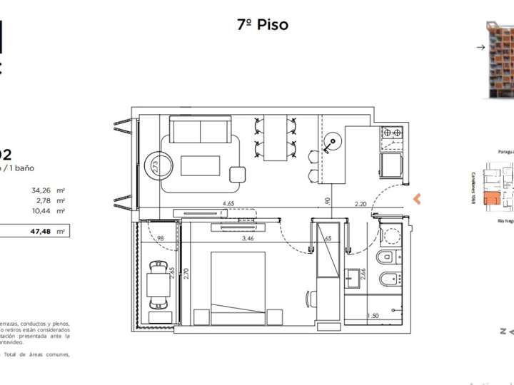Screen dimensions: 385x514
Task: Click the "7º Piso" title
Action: click(263, 25)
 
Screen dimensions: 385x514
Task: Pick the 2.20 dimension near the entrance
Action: click(360, 205)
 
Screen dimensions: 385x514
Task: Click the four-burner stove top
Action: click(391, 133)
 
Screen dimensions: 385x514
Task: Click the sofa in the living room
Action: click(199, 131)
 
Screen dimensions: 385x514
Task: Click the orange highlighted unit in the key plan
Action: click(491, 202)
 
